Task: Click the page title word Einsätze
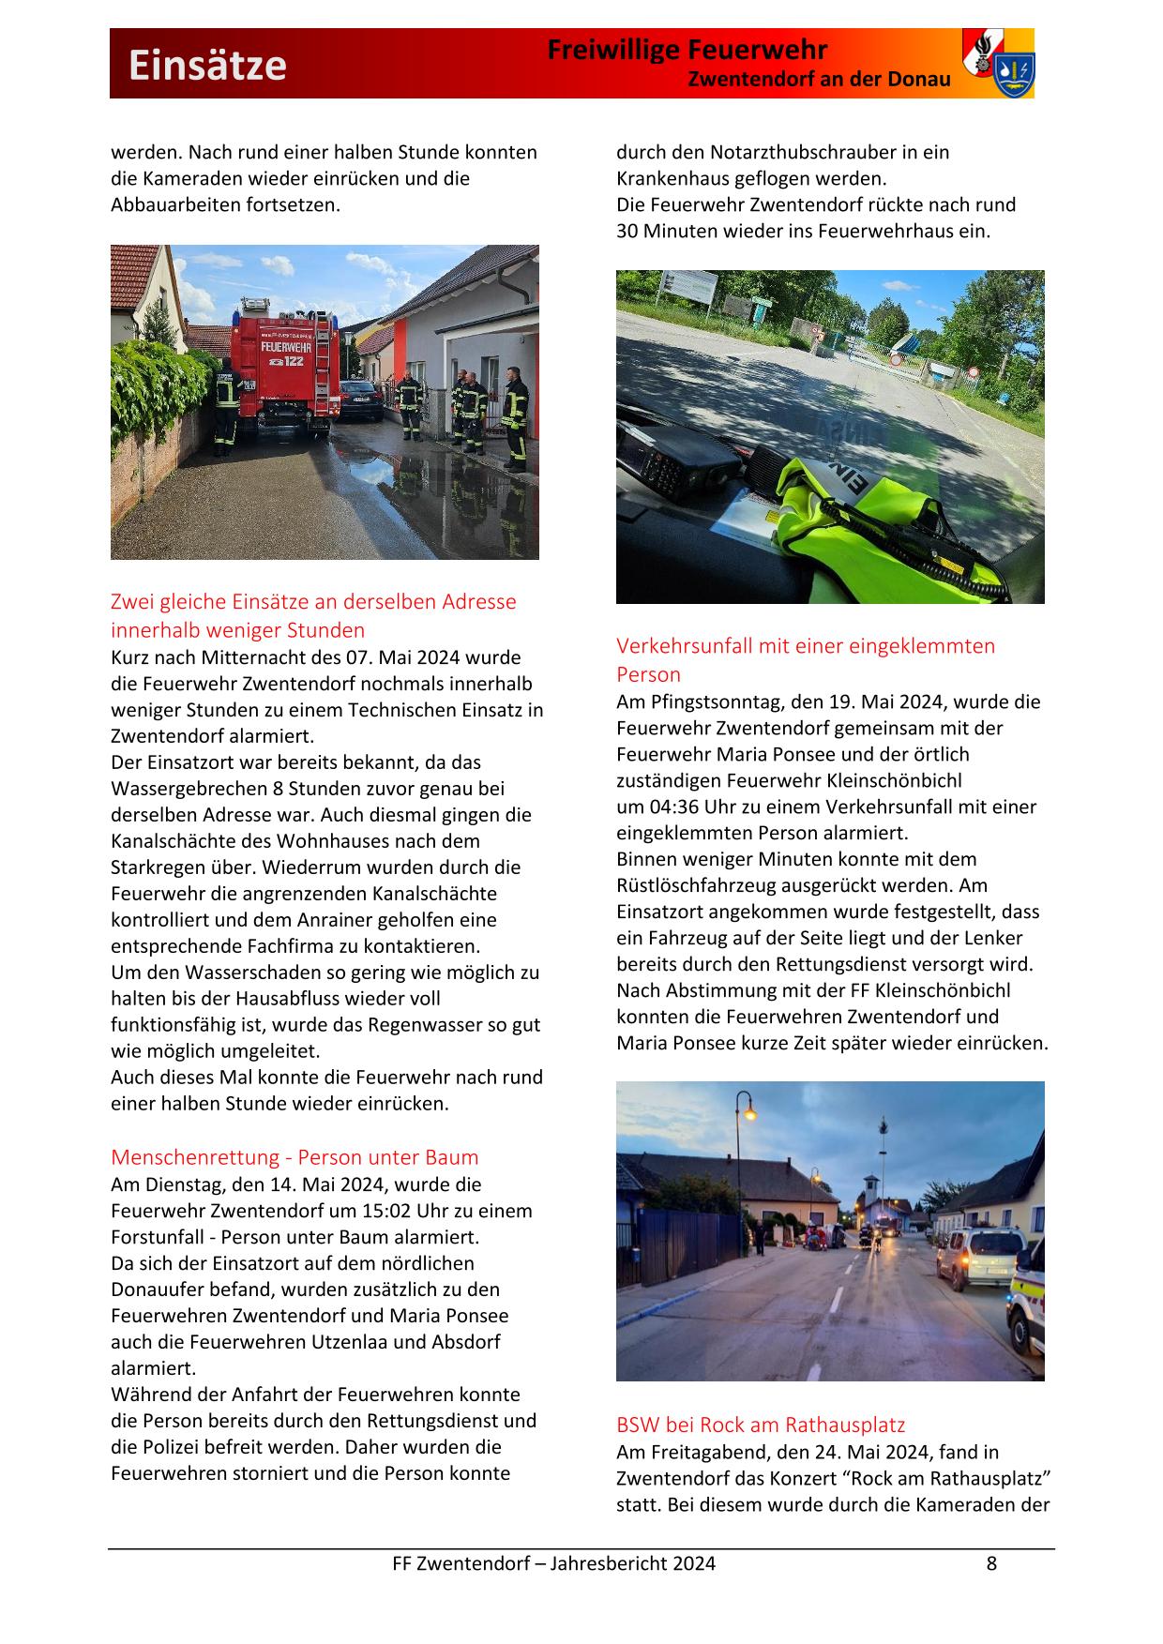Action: pos(207,66)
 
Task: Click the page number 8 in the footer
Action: pos(991,1563)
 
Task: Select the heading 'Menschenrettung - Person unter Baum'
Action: pos(295,1156)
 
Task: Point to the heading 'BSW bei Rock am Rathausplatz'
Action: pos(761,1425)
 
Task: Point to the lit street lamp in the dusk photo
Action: pos(748,1114)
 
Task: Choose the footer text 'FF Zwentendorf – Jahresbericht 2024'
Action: pos(553,1563)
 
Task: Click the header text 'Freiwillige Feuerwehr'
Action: pos(687,50)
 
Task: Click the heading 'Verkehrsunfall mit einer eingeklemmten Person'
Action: pos(806,659)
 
